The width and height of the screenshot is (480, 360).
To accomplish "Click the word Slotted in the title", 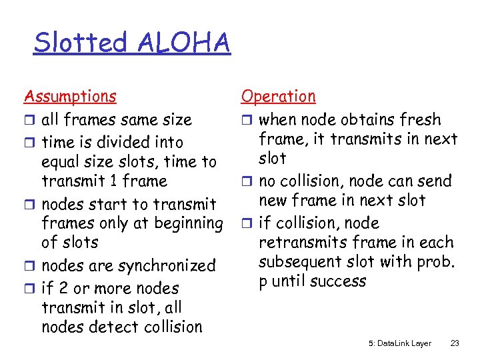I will pos(80,43).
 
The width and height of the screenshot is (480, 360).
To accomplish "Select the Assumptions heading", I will pos(70,97).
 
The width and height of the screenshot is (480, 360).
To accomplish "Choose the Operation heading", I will pos(279,97).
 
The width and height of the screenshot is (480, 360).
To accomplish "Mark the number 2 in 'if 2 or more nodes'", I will pos(64,289).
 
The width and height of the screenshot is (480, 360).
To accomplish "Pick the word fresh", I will pos(419,120).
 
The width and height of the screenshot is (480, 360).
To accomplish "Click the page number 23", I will pos(455,343).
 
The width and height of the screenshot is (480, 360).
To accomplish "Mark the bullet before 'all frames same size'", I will pos(29,121).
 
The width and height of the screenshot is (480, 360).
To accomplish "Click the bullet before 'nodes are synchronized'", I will pos(29,267).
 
